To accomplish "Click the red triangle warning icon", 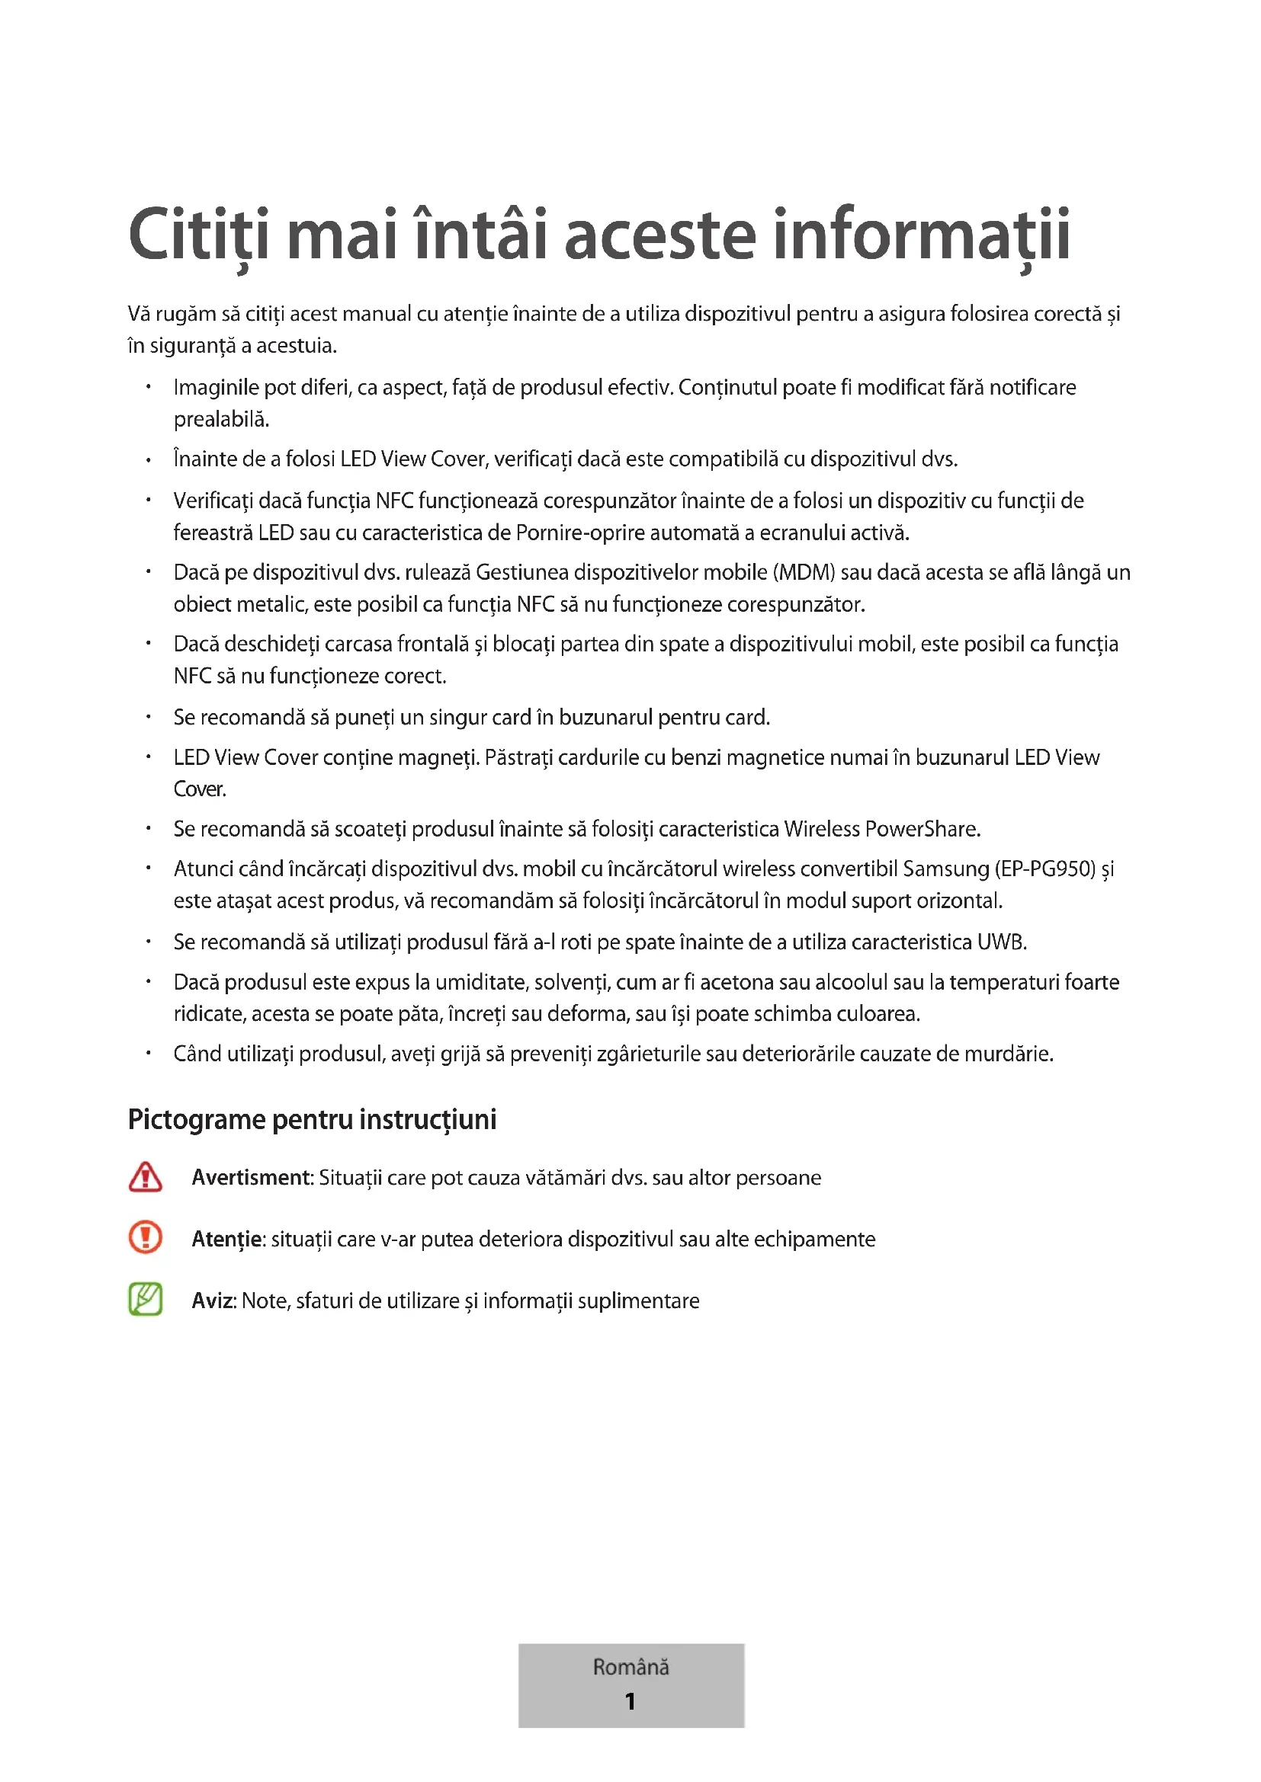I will (145, 1177).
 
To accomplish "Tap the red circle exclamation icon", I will (145, 1238).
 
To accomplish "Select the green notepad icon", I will (145, 1299).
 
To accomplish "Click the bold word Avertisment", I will (252, 1177).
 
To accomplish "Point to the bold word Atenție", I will (226, 1240).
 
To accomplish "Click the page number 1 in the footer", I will (630, 1701).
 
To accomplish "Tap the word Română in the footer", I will (630, 1666).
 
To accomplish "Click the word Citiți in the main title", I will (199, 235).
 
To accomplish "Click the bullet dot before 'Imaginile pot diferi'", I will (148, 386).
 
